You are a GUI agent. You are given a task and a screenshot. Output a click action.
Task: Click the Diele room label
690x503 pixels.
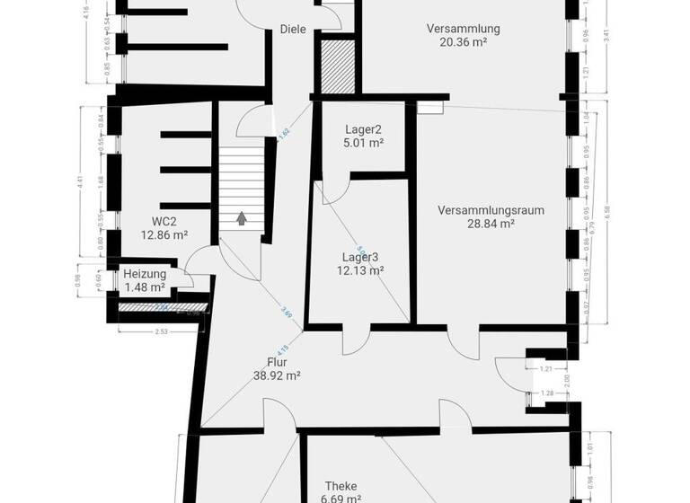click(293, 29)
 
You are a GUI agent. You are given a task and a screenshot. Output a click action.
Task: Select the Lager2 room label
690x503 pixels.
click(364, 128)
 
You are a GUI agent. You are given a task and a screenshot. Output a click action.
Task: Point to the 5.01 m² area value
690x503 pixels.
click(364, 142)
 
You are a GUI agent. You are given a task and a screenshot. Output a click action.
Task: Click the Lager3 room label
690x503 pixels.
click(360, 257)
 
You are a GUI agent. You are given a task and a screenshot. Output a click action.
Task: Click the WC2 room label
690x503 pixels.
click(164, 222)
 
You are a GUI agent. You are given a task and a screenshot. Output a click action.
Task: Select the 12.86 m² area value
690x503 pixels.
click(164, 235)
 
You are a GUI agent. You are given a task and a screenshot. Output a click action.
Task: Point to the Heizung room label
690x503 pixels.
click(145, 274)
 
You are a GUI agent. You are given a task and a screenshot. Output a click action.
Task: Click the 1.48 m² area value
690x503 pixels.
click(145, 287)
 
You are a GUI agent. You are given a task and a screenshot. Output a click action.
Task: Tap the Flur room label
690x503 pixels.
click(277, 363)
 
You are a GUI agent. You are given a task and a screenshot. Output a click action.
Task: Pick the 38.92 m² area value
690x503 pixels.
click(277, 376)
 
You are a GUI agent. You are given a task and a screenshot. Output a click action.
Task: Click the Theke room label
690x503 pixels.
click(341, 486)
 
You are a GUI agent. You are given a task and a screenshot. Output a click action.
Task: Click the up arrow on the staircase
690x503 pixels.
click(241, 217)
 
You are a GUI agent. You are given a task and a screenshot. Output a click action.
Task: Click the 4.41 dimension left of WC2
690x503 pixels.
click(80, 181)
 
